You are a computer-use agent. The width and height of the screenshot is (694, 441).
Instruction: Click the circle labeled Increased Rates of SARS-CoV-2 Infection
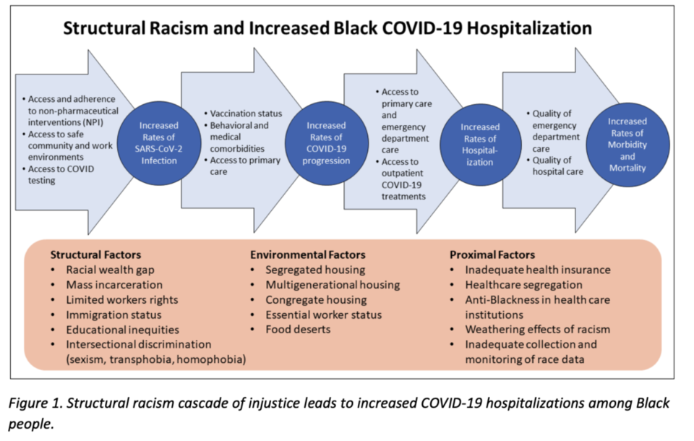159,143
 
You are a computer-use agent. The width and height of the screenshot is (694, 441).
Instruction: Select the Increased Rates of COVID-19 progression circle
327,143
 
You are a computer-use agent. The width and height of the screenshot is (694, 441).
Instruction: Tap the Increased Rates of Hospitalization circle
480,145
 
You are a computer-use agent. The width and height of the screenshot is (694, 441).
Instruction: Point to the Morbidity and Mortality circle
627,145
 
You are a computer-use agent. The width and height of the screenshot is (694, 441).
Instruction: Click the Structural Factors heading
95,254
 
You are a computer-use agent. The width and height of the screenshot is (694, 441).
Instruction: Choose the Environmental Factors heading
308,254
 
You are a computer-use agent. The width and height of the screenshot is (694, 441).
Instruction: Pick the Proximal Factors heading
492,254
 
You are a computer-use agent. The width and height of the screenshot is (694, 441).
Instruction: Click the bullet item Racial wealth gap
110,270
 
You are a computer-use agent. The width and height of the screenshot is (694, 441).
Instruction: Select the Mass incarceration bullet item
114,285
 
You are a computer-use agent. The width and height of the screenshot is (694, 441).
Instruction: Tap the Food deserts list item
298,330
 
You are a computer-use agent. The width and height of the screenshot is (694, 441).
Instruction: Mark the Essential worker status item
324,314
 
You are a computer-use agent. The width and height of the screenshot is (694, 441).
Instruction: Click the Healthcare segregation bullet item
523,285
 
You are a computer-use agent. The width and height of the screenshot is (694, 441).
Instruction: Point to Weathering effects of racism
537,330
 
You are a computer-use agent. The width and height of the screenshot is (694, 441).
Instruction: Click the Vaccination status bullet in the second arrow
246,114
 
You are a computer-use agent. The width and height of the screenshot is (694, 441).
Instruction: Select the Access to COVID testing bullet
61,174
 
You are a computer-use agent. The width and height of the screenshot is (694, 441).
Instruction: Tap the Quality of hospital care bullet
557,166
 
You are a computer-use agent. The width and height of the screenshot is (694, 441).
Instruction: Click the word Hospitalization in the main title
529,28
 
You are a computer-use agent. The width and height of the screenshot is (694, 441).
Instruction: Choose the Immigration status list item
113,314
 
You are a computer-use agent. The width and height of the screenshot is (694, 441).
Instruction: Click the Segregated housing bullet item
315,270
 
